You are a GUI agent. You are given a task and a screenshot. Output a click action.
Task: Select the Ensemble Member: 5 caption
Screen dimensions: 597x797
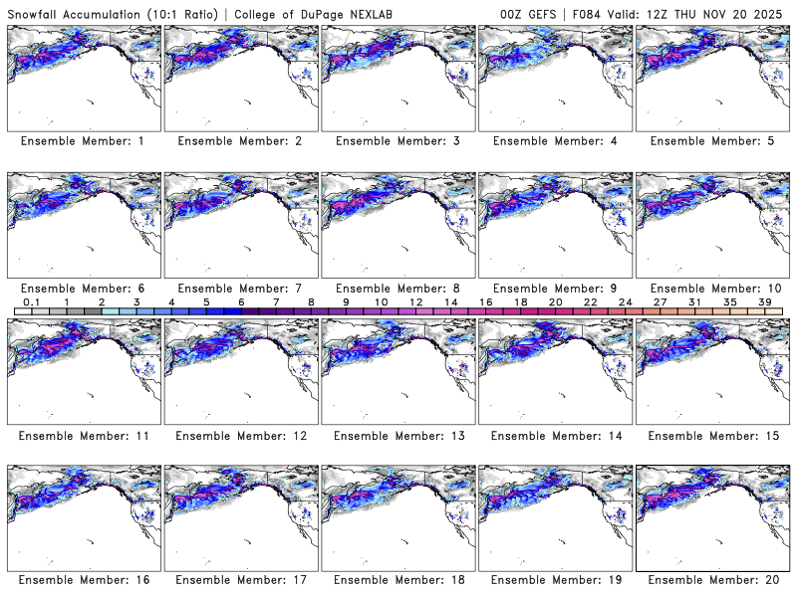click(x=711, y=141)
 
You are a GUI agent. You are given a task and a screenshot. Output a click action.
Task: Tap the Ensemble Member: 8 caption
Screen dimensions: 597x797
click(x=397, y=289)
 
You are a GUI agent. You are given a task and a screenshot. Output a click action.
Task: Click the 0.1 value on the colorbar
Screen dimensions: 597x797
click(x=32, y=302)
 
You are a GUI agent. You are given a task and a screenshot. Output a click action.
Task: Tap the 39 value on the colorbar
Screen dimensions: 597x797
click(x=765, y=302)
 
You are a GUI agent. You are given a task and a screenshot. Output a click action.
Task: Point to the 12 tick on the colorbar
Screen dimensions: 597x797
click(x=415, y=302)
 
